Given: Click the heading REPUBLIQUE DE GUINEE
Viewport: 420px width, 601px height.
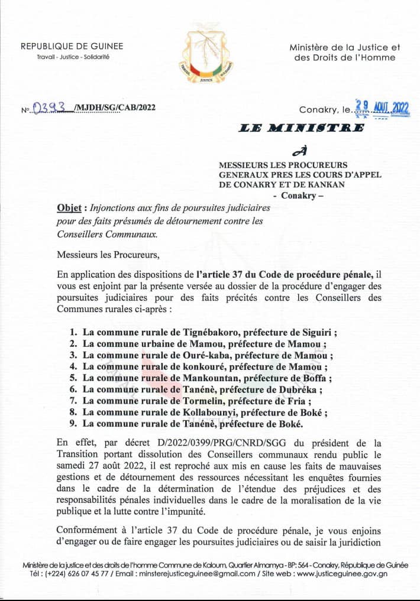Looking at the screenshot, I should click(72, 47).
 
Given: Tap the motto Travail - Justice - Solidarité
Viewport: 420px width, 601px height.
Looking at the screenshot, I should click(72, 57).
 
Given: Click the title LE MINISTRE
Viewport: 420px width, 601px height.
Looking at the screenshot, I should click(302, 128).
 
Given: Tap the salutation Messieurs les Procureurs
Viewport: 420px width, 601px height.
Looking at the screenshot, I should click(108, 255).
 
